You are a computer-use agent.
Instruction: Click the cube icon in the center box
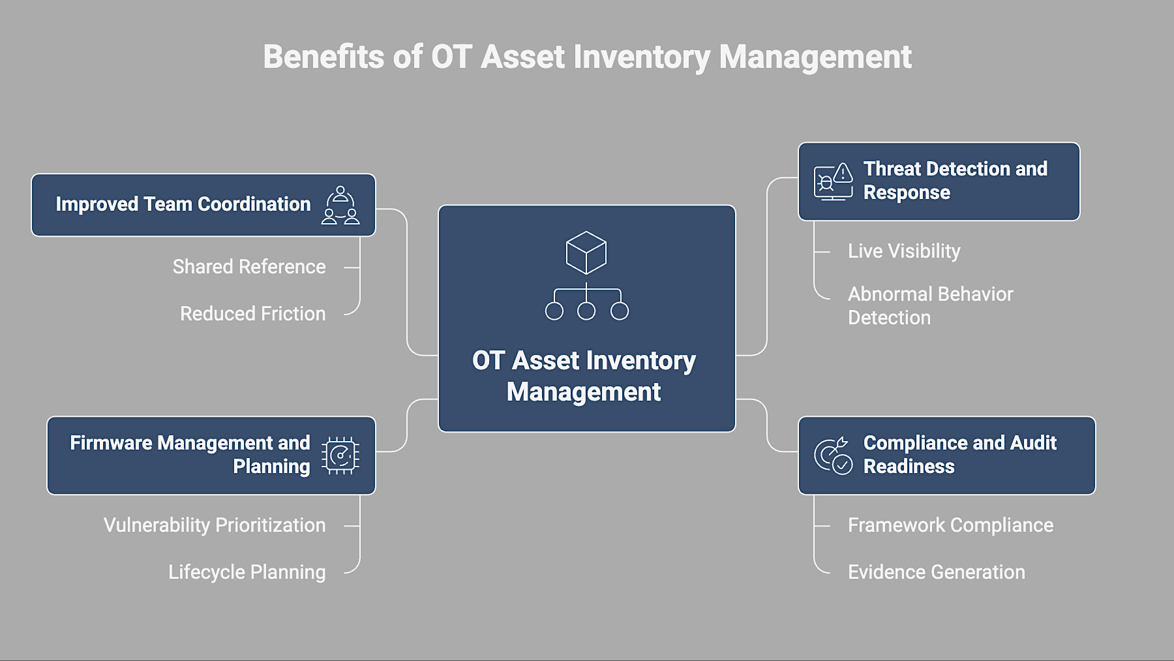click(586, 253)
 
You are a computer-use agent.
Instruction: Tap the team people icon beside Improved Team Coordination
click(340, 205)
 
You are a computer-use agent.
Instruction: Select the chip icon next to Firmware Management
click(340, 455)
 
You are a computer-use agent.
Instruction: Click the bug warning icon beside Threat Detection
click(833, 181)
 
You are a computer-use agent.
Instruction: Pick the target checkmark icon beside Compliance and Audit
click(833, 455)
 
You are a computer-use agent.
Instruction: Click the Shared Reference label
click(248, 267)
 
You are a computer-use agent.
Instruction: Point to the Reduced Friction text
click(252, 314)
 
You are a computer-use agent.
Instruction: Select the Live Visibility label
click(903, 251)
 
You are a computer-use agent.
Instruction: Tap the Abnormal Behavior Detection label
click(929, 305)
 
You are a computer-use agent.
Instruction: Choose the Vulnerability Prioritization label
click(214, 525)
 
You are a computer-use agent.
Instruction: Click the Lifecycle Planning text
click(247, 572)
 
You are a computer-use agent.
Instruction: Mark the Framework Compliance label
click(950, 525)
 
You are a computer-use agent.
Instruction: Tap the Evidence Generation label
click(936, 572)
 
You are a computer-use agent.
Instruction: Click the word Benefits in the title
click(324, 57)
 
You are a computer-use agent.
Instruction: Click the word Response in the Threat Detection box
click(906, 193)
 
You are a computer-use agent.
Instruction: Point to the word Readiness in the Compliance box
click(909, 467)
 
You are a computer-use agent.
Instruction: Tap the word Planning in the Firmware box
click(271, 467)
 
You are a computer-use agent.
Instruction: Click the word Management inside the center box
click(583, 392)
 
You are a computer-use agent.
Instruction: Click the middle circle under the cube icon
click(586, 311)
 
